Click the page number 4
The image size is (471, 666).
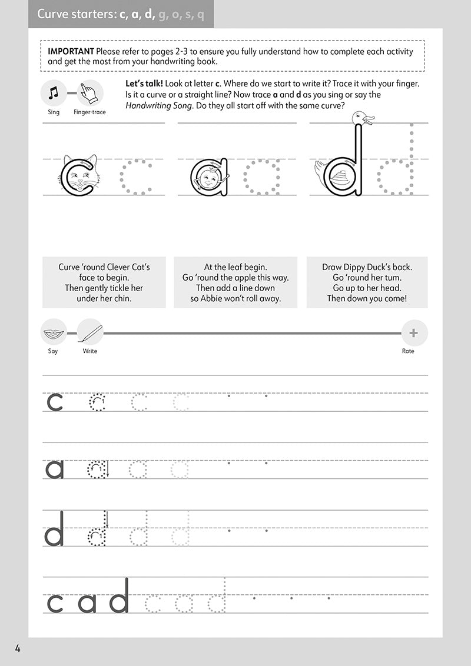coord(18,648)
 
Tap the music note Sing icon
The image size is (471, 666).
coord(54,93)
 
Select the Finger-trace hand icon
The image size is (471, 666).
coord(90,93)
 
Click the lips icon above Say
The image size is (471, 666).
coord(54,333)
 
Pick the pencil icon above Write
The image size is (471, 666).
coord(90,333)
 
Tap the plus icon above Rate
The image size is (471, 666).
coord(413,333)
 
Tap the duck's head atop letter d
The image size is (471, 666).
coord(361,118)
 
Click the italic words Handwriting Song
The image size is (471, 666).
coord(157,105)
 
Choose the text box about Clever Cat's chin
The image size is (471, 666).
coord(104,282)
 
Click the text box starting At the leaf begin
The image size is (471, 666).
coord(235,282)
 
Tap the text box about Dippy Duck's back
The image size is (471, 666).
coord(367,282)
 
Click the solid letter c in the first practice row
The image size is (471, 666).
coord(55,402)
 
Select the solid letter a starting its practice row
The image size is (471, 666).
coord(55,469)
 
